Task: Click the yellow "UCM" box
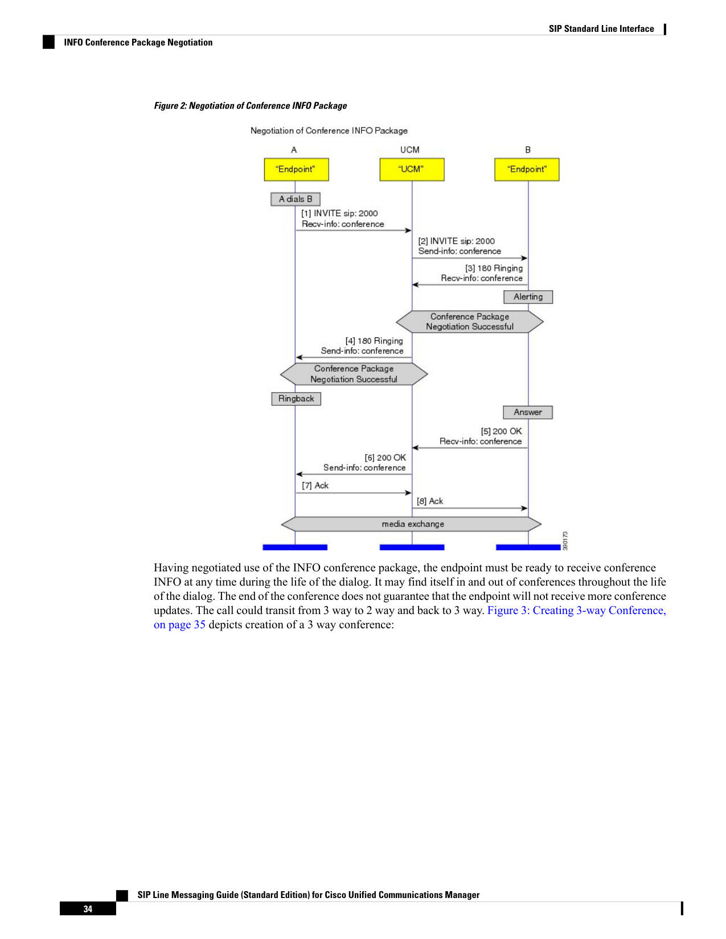tap(412, 170)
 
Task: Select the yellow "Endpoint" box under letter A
tap(296, 170)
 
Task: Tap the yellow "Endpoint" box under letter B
tap(527, 170)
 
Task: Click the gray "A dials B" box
tap(296, 199)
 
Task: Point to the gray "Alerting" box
tap(528, 297)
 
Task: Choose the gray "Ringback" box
tap(296, 399)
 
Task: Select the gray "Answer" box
tap(527, 412)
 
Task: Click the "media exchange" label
tap(413, 524)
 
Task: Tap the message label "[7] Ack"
tap(315, 485)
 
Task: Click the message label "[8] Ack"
tap(430, 501)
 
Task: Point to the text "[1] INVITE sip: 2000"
tap(339, 213)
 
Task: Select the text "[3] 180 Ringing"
tap(494, 269)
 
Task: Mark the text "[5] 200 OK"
tap(501, 431)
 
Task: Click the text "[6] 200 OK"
tap(385, 458)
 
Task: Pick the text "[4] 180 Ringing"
tap(374, 341)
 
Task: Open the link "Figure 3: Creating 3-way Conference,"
tap(576, 610)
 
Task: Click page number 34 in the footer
tap(88, 909)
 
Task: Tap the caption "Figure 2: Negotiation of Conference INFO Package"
tap(251, 106)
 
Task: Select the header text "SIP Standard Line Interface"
tap(601, 29)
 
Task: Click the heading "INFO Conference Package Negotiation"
tap(138, 42)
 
